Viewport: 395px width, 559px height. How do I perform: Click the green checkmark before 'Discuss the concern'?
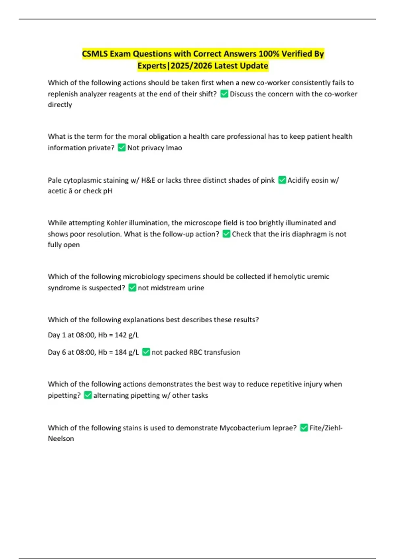tap(224, 94)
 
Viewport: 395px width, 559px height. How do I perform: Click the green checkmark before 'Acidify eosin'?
tap(282, 180)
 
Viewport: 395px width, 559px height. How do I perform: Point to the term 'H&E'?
tap(148, 180)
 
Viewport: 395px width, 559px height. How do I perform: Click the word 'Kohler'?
tap(117, 223)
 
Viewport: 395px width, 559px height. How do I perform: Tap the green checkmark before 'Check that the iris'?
tap(226, 234)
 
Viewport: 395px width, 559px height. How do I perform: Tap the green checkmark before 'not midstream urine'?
tap(132, 288)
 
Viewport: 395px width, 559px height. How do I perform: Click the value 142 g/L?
tap(127, 335)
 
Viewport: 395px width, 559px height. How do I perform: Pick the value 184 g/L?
tap(127, 352)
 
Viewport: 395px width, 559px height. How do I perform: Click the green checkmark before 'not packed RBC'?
tap(146, 352)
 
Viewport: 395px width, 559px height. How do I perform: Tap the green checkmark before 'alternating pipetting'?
tap(88, 395)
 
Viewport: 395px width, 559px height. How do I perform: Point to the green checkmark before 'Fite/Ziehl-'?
tap(304, 428)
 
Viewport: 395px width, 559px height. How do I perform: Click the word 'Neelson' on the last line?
tap(61, 439)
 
